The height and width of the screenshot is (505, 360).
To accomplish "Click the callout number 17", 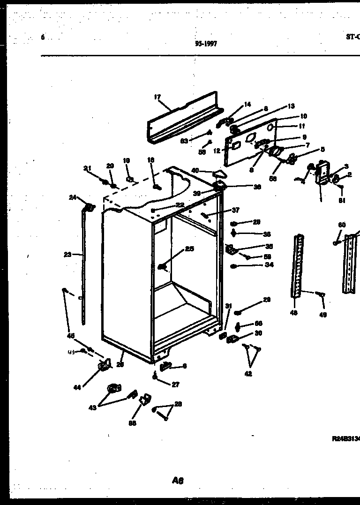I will coord(157,98).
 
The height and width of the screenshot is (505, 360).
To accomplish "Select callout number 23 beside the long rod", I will coord(67,255).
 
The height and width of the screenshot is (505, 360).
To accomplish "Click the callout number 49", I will coord(323,315).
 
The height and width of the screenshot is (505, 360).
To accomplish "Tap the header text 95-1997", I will coord(206,44).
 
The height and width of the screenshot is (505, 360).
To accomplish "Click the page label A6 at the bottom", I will coord(178,480).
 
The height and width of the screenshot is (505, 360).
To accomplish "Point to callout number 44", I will coord(77,387).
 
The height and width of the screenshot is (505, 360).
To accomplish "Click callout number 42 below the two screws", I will coord(248,374).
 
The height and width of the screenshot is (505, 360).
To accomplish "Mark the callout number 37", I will coord(235,210).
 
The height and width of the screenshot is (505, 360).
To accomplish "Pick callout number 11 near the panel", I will coord(302,126).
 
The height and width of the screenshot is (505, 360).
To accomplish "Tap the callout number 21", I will coord(87,168).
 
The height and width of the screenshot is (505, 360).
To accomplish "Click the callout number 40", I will coord(195,170).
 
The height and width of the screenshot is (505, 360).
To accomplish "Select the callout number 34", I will coord(269,265).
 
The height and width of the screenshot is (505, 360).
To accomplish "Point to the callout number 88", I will coord(133,423).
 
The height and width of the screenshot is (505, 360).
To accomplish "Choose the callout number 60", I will coord(342,225).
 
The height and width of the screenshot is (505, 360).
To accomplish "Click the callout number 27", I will coord(175,384).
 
